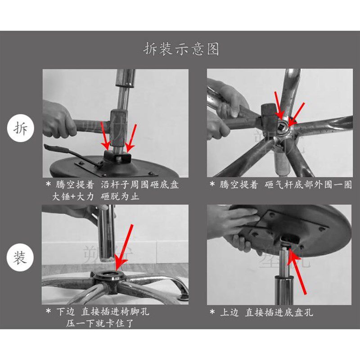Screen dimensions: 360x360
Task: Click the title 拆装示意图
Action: point(181,48)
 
